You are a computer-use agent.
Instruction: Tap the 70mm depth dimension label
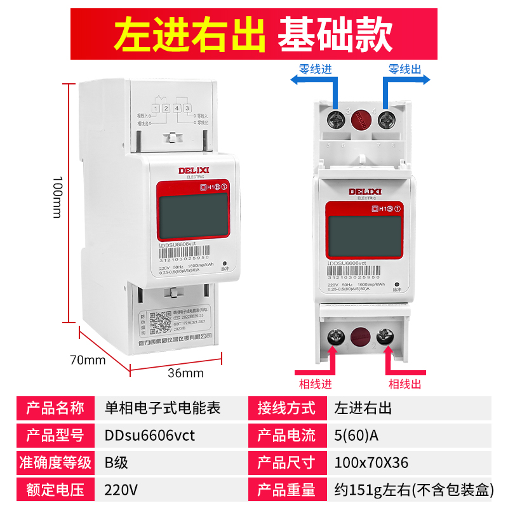tap(87, 361)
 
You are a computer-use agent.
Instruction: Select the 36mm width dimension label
tap(185, 373)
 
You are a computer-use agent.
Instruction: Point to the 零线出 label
tap(404, 69)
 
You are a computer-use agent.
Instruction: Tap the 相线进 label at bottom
tap(316, 384)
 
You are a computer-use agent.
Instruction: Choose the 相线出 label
tap(405, 384)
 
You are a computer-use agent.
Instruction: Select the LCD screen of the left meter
tap(189, 217)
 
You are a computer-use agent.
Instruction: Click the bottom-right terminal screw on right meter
tap(385, 337)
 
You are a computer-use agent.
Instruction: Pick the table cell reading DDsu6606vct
tap(149, 436)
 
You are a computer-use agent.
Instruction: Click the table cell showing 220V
tap(120, 490)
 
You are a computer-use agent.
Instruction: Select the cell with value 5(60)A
tap(356, 436)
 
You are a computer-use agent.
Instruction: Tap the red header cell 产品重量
tap(286, 490)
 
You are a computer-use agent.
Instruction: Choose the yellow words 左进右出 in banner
tap(189, 36)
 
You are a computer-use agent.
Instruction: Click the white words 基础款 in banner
tap(335, 36)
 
